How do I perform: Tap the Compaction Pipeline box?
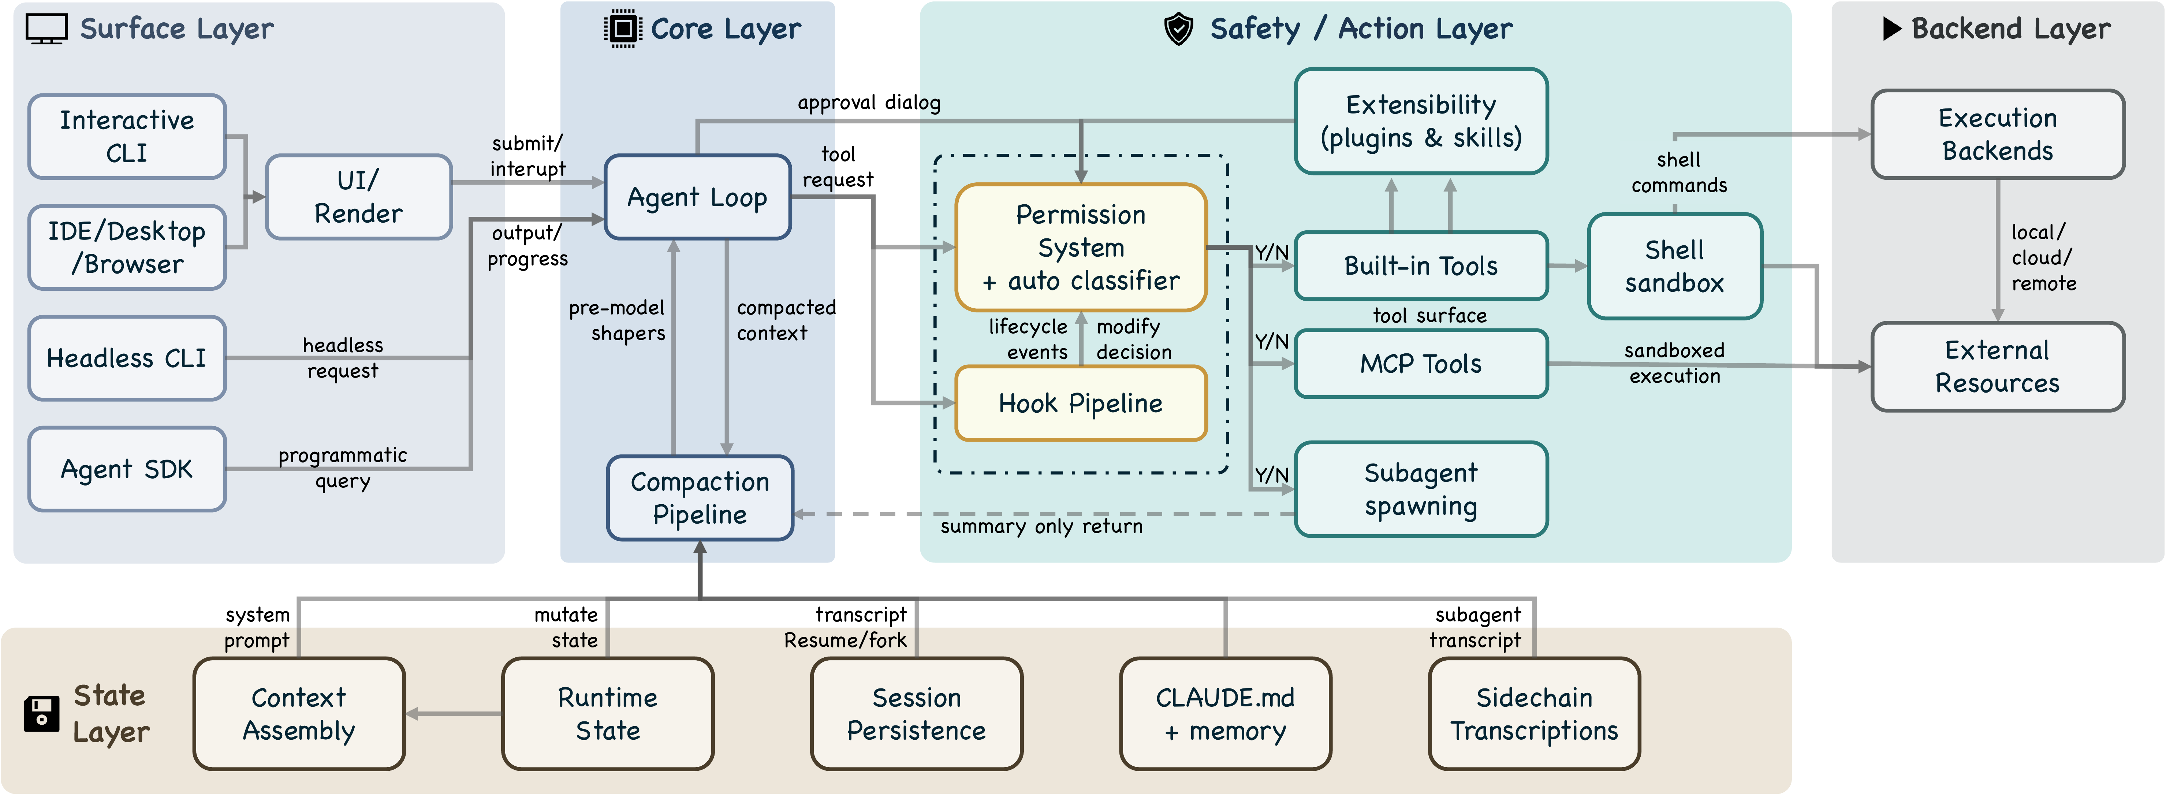[700, 498]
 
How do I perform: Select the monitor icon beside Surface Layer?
[46, 29]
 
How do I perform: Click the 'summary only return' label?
[1041, 527]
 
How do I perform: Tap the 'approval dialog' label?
[869, 103]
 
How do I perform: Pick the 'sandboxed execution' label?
[1674, 363]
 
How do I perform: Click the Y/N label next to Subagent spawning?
[1271, 475]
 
